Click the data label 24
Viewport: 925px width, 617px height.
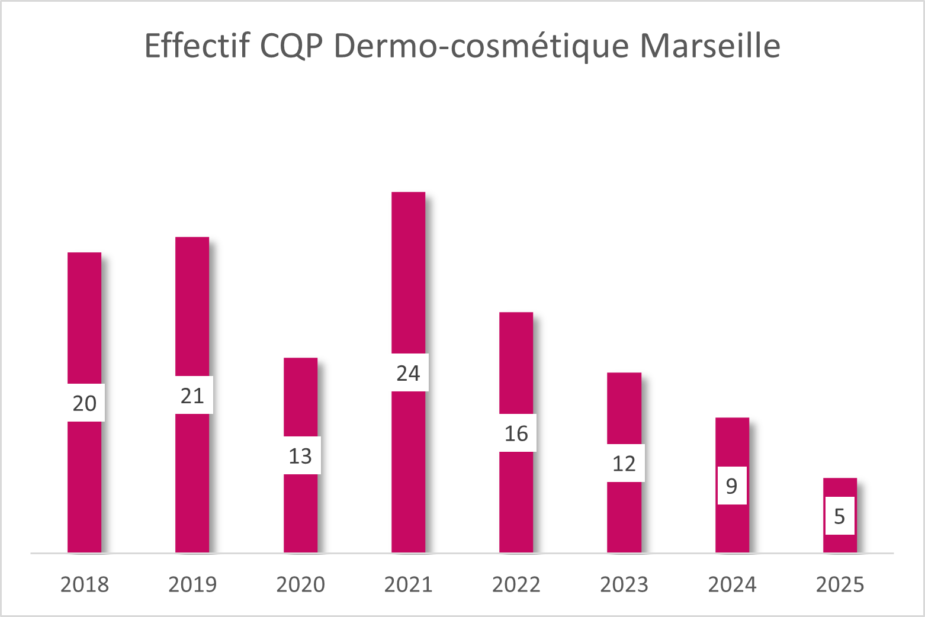click(x=408, y=373)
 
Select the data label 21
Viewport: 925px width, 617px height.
click(x=192, y=396)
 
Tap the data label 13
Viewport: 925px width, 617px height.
click(x=300, y=456)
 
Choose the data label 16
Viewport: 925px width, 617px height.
click(x=516, y=433)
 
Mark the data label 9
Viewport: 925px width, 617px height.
click(x=732, y=486)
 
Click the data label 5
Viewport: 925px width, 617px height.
click(x=840, y=516)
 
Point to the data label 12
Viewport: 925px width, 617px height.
click(x=624, y=464)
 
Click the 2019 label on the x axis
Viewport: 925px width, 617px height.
click(x=192, y=584)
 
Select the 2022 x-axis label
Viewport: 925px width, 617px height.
click(x=516, y=584)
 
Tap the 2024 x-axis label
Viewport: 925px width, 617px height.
click(x=732, y=584)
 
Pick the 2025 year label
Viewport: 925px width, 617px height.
click(x=840, y=584)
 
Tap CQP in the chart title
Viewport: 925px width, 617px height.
click(x=291, y=46)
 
